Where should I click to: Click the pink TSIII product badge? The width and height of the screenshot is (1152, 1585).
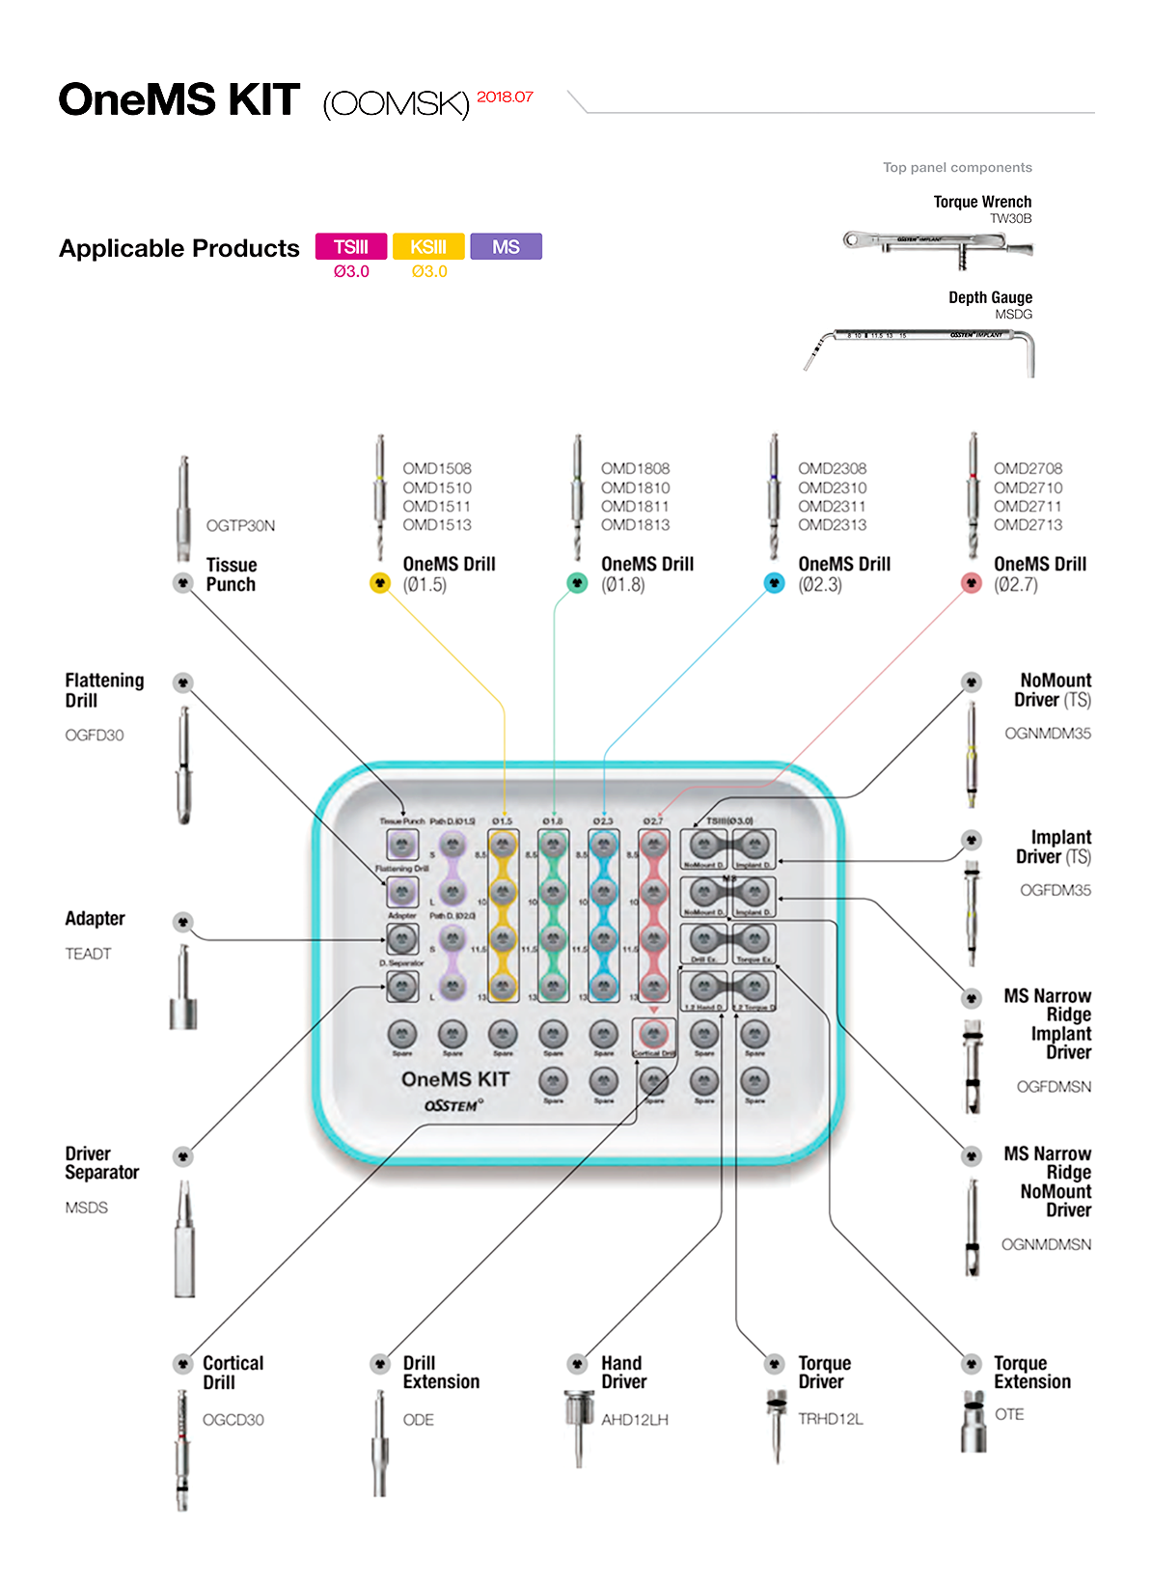coord(351,247)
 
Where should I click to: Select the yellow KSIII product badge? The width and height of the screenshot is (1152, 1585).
coord(428,247)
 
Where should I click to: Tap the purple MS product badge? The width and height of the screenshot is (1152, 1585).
coord(506,247)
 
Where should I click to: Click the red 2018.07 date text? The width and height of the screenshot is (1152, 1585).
coord(505,97)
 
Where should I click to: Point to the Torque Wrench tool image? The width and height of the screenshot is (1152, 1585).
coord(937,244)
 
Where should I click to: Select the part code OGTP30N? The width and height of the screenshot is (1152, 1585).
coord(240,525)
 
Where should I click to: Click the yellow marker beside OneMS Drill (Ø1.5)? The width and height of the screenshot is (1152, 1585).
coord(380,583)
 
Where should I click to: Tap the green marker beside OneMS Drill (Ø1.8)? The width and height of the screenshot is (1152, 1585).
coord(577,583)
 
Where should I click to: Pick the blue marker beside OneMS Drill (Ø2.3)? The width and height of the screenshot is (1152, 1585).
coord(774,583)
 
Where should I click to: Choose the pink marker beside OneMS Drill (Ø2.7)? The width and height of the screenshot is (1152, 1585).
coord(972,583)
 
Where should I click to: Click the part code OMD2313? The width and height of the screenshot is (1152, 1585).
coord(832,525)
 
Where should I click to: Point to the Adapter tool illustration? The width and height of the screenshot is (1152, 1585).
coord(183,989)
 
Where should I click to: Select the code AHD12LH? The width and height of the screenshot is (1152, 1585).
coord(634,1420)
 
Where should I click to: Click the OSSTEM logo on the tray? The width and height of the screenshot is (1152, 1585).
coord(453,1105)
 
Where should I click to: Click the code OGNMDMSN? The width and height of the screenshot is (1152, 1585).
coord(1046,1244)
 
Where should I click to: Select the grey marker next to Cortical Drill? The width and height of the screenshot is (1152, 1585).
coord(182,1364)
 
